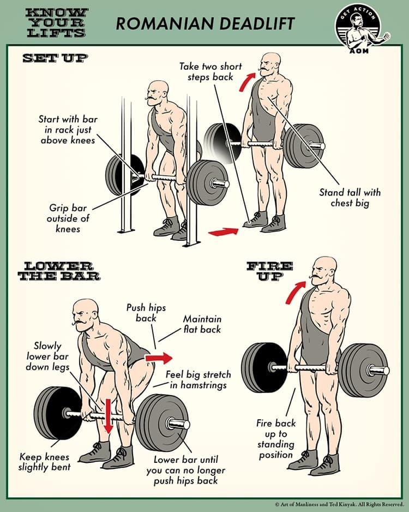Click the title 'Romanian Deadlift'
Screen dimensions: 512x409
pyautogui.click(x=204, y=23)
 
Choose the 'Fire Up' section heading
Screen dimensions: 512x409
pyautogui.click(x=270, y=271)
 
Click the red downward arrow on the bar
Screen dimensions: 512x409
pyautogui.click(x=108, y=416)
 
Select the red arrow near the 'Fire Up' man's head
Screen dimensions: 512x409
pyautogui.click(x=294, y=292)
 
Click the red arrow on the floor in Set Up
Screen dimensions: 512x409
pyautogui.click(x=224, y=232)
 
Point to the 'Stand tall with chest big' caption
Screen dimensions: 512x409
pyautogui.click(x=349, y=198)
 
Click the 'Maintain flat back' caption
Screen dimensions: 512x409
pyautogui.click(x=202, y=324)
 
